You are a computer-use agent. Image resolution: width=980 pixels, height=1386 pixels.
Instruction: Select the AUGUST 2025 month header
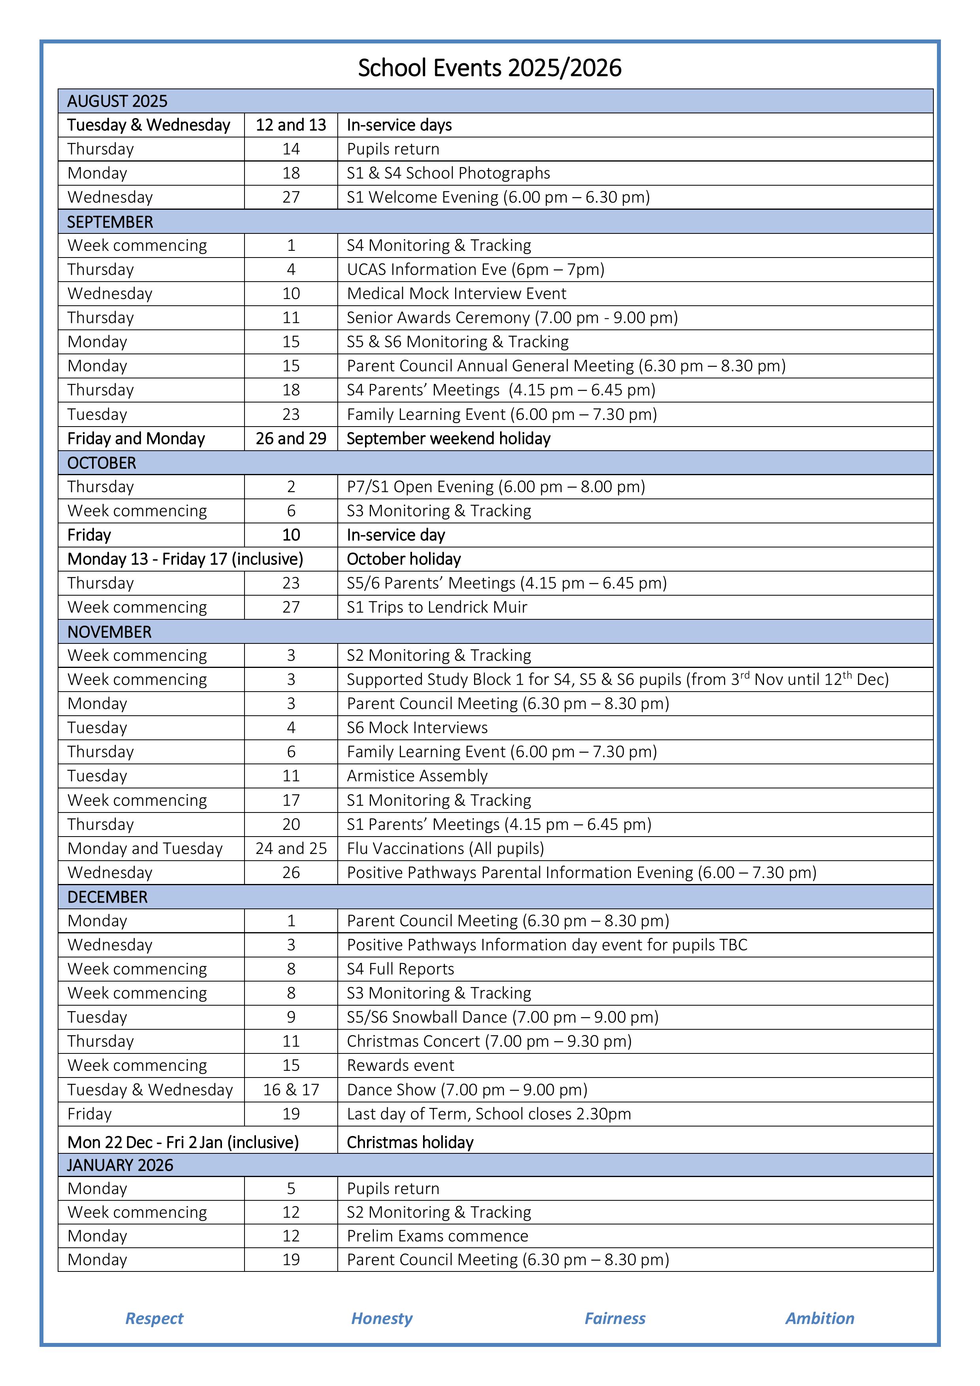coord(117,101)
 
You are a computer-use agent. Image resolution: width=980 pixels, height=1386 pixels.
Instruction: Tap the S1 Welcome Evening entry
coord(498,197)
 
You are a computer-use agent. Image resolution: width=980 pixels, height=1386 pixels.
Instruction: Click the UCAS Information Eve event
coord(475,269)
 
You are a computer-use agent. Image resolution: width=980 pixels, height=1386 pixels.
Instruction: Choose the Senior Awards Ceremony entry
coord(512,318)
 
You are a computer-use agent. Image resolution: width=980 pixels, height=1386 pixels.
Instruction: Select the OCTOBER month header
coord(102,463)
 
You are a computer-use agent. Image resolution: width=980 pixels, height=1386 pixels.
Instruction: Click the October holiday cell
coord(403,559)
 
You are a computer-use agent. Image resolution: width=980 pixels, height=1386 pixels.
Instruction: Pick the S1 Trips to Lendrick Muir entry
coord(436,607)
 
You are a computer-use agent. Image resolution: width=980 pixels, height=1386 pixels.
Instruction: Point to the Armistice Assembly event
coord(417,776)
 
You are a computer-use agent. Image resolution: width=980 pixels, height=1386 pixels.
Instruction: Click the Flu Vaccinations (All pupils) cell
coord(445,848)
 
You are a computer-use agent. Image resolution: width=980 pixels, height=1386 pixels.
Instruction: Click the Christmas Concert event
coord(489,1041)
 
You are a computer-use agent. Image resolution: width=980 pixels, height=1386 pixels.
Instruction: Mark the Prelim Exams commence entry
coord(437,1236)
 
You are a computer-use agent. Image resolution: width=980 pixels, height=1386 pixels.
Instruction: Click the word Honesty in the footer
coord(382,1318)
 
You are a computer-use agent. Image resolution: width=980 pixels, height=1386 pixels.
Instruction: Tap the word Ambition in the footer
coord(819,1318)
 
